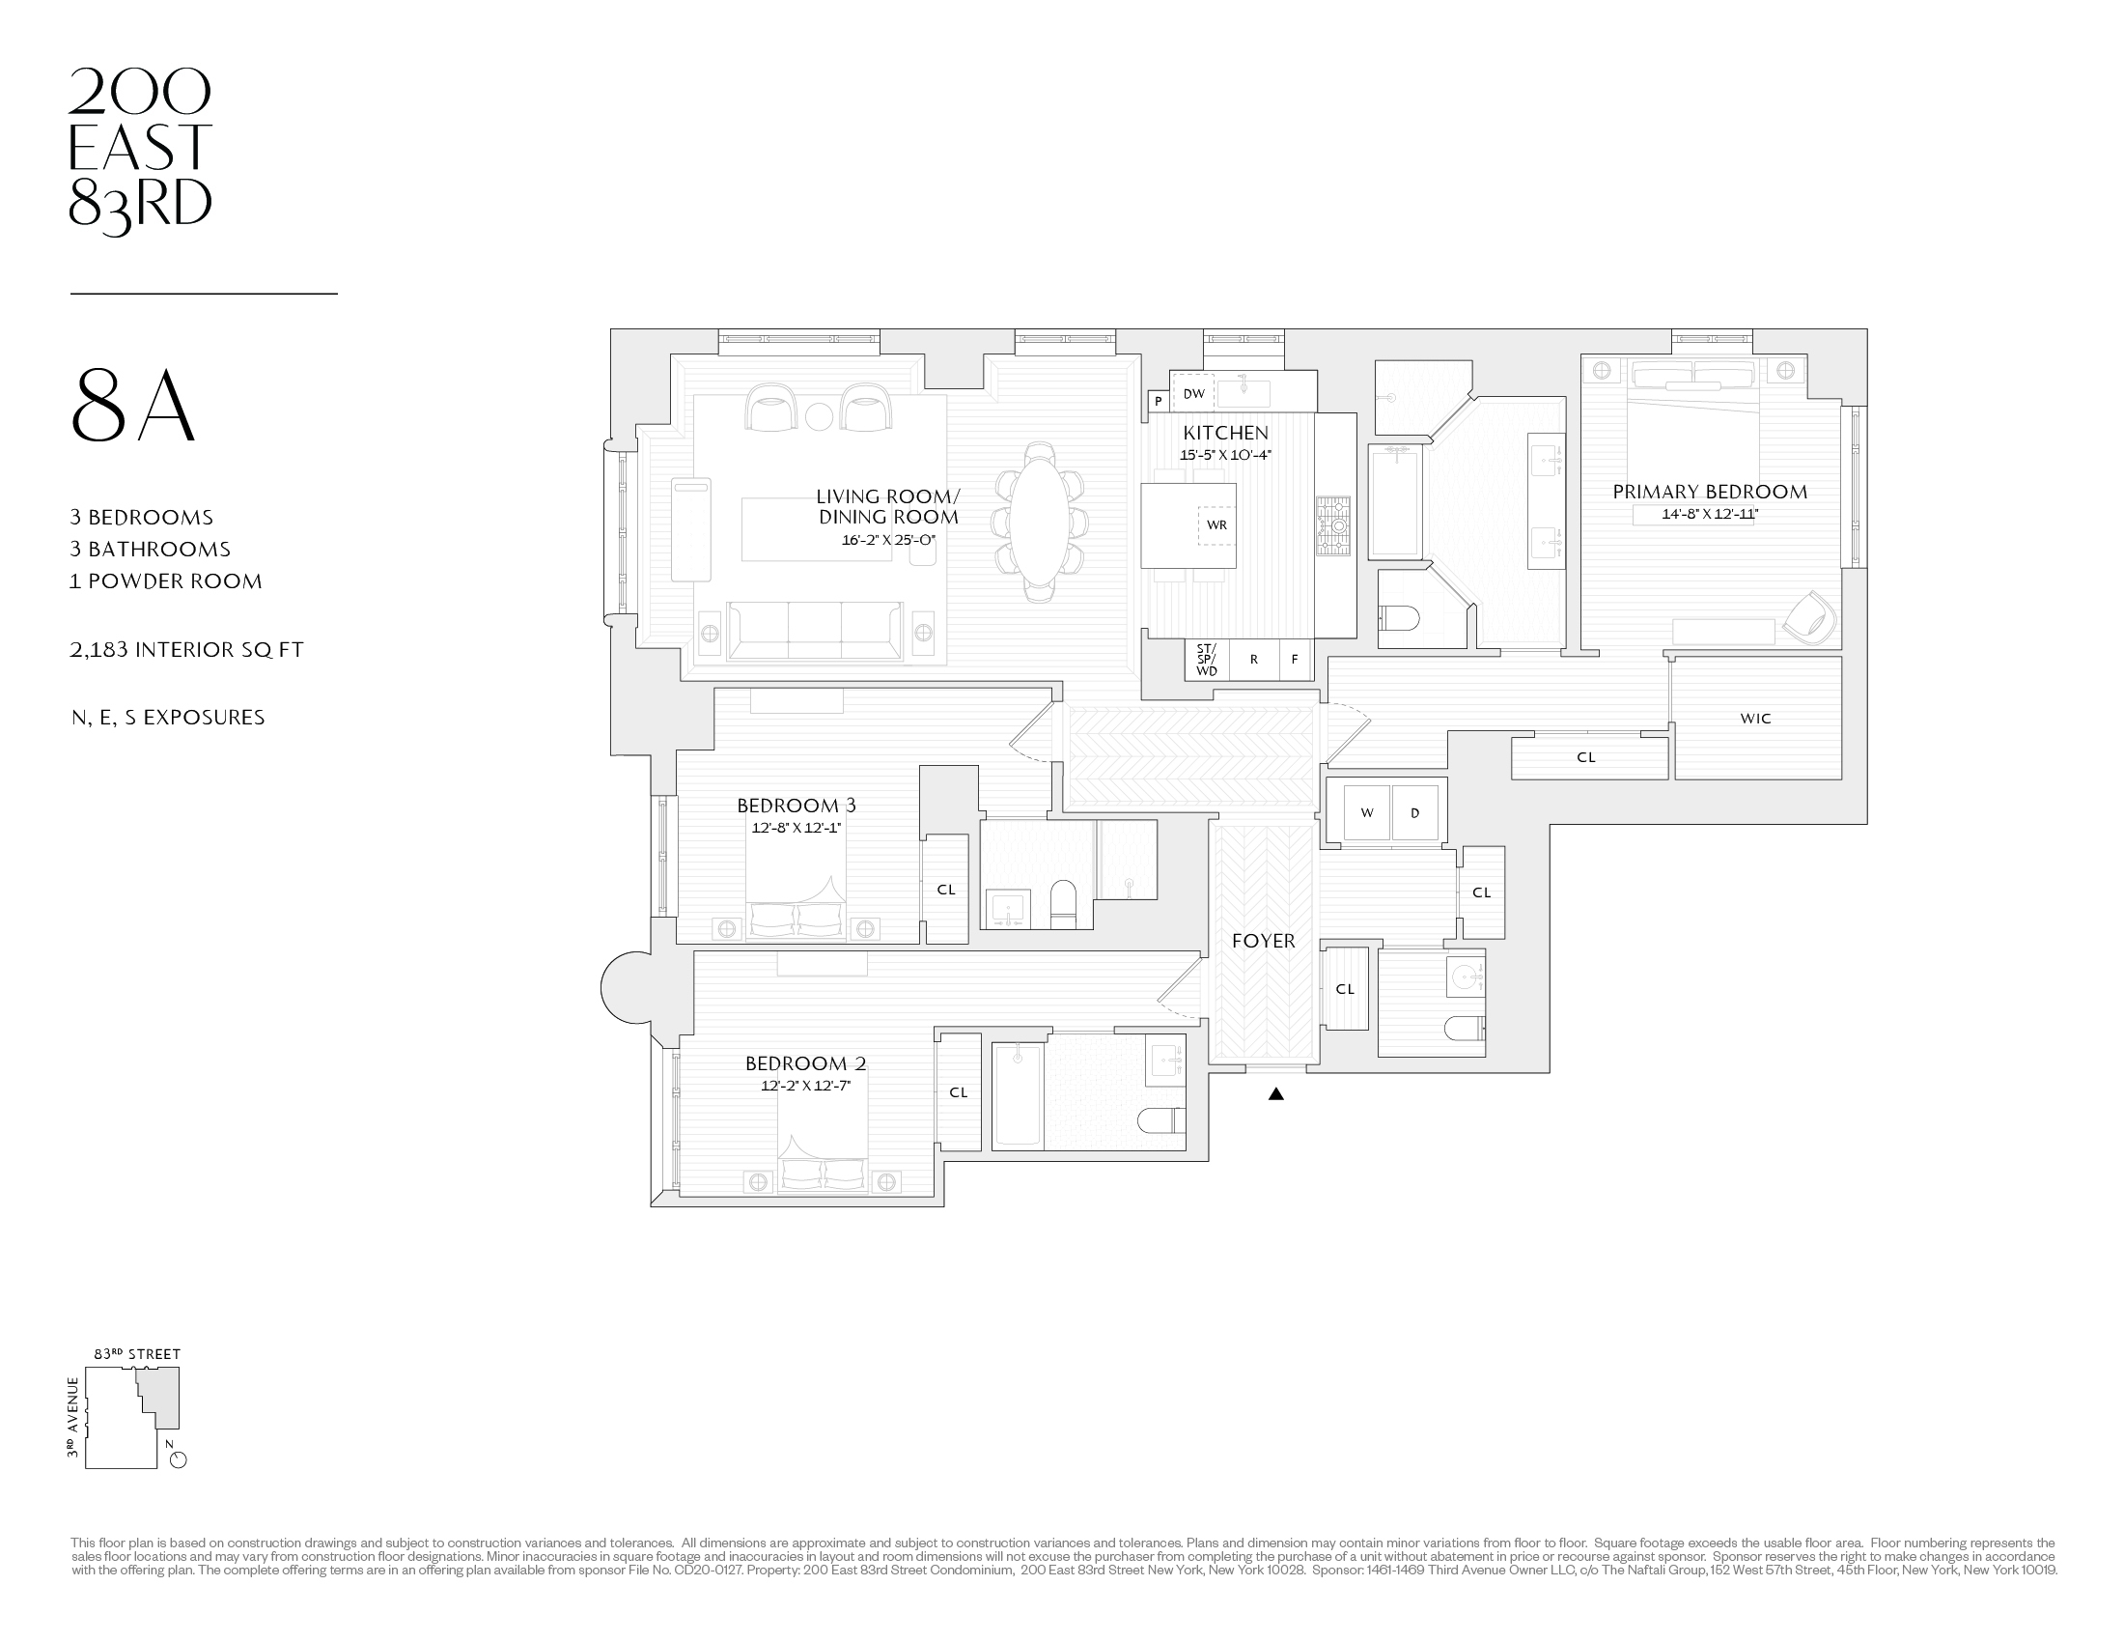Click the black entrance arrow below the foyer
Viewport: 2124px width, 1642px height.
1276,1093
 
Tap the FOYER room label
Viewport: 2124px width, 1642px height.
1264,941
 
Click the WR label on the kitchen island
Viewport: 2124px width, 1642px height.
1216,525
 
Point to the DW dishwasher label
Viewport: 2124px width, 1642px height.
1193,394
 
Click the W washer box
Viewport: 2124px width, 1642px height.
1366,812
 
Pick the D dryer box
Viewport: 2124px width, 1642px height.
1414,812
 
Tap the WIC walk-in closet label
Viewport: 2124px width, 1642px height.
1755,719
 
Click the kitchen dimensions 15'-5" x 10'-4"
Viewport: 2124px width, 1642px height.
1225,455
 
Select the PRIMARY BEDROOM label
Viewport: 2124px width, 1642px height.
1710,493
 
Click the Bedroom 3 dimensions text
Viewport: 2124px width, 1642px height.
796,828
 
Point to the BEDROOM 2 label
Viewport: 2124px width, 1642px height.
805,1063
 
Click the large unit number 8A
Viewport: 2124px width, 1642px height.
134,407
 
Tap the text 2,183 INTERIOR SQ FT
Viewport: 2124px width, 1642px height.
186,650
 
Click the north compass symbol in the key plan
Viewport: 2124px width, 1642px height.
177,1459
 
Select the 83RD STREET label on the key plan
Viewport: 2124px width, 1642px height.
137,1354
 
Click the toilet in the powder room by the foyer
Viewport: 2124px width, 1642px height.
1464,1028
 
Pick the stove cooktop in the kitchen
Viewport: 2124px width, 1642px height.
1333,526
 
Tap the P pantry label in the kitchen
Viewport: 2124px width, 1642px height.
1158,401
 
